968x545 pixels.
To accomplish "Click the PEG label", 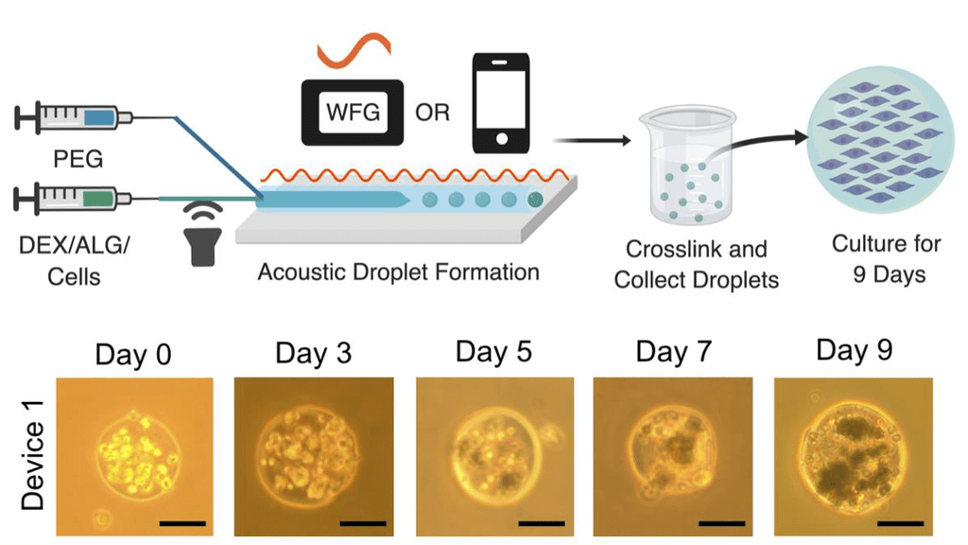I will (79, 158).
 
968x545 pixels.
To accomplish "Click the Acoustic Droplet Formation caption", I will (398, 273).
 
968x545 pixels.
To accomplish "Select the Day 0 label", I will (133, 356).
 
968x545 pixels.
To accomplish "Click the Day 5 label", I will (493, 352).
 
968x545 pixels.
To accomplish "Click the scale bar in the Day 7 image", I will (723, 521).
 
